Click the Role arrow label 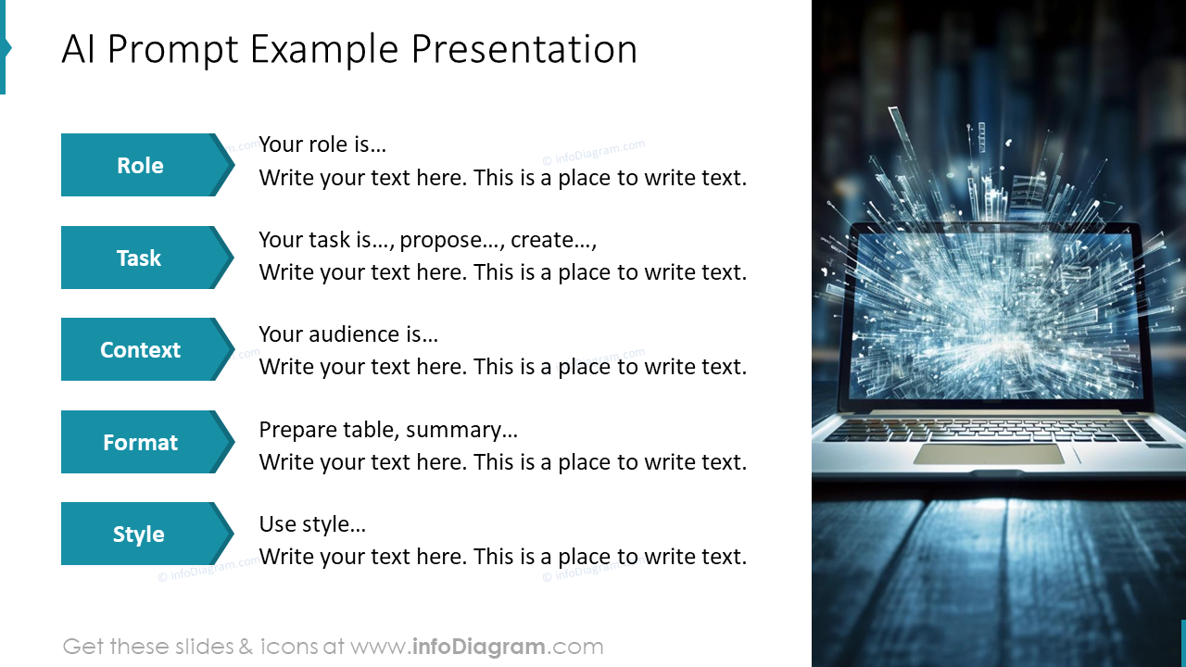140,165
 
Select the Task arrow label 139,258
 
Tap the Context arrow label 140,349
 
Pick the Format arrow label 140,442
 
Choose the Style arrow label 139,534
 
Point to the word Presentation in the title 524,50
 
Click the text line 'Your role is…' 322,145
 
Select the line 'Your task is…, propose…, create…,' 428,240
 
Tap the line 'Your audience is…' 348,334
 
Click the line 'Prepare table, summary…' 388,430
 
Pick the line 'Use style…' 312,524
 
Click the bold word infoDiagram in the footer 477,647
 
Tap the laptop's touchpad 988,454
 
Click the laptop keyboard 991,430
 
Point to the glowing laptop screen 991,315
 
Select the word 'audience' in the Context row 353,334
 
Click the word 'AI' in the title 79,50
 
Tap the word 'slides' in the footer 202,647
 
